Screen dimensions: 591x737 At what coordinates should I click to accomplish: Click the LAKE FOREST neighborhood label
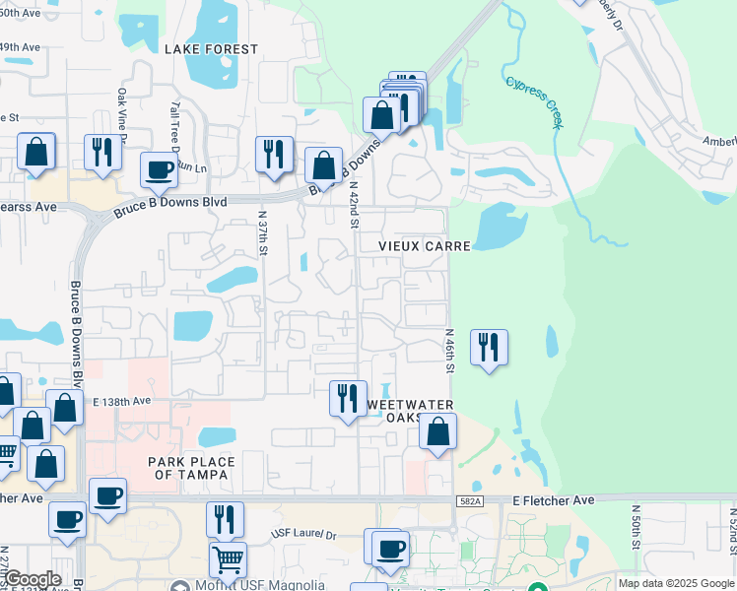(211, 49)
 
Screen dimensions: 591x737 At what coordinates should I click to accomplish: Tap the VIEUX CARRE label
(426, 245)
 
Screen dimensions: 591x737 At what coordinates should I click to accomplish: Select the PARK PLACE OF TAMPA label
(191, 469)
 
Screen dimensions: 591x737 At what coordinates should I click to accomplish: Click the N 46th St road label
(449, 351)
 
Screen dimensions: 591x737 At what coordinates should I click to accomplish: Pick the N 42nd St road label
(354, 198)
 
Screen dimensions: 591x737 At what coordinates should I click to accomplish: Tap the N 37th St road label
(263, 232)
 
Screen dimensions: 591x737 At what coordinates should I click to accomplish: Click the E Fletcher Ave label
(554, 501)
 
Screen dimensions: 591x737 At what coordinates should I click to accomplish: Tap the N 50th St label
(636, 532)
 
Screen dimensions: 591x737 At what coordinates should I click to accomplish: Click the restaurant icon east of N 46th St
(489, 348)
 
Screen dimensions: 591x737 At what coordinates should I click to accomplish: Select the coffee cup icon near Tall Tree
(159, 170)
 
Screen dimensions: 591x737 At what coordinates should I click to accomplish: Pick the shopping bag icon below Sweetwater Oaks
(438, 430)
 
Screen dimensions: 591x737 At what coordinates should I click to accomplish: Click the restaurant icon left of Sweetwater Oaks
(347, 398)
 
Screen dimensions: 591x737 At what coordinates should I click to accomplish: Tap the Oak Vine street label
(123, 114)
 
